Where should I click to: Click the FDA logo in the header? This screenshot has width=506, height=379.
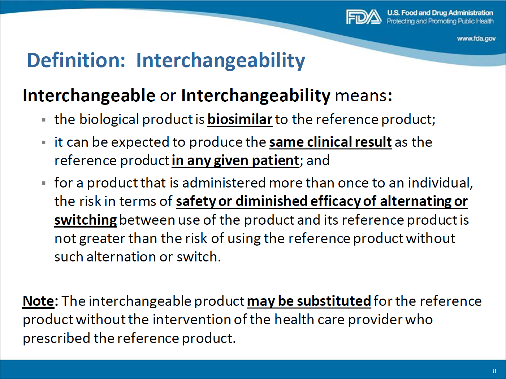click(x=364, y=17)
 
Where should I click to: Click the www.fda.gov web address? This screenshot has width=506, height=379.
click(x=476, y=39)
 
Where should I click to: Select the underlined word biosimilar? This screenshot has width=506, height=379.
click(x=240, y=120)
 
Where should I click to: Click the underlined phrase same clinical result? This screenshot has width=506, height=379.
click(x=330, y=142)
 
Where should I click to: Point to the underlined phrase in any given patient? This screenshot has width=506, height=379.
click(x=235, y=160)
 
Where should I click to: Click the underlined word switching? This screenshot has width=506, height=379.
click(x=86, y=220)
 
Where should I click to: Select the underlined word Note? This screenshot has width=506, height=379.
click(x=38, y=301)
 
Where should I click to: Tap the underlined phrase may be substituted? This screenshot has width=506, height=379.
click(x=309, y=301)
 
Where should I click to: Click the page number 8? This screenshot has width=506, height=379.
click(x=494, y=371)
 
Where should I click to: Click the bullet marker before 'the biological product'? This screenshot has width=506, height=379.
click(x=44, y=120)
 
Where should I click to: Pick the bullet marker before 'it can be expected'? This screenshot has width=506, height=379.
click(x=44, y=143)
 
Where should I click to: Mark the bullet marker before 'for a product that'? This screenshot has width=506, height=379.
click(x=44, y=184)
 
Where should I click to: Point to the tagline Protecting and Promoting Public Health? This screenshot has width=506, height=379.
click(x=440, y=21)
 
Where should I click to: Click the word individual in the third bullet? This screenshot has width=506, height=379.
click(x=440, y=183)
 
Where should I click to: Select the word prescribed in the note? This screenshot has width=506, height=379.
click(x=56, y=338)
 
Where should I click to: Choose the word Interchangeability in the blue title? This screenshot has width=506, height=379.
click(x=221, y=61)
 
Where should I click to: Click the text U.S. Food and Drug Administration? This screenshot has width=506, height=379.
click(x=440, y=13)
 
